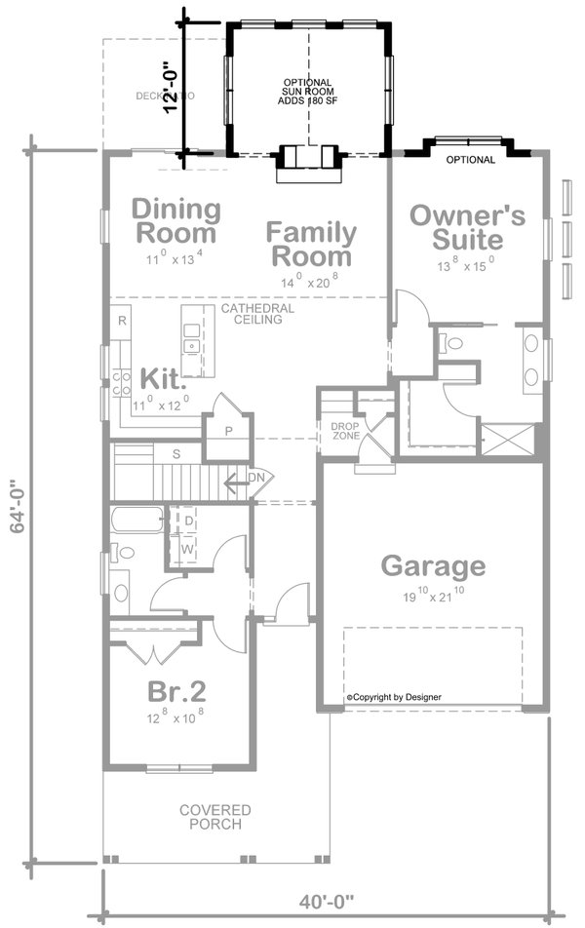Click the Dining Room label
(x=176, y=221)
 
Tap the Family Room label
(x=311, y=245)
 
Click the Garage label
(x=432, y=565)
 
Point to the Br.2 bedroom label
(x=176, y=691)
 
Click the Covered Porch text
(x=214, y=817)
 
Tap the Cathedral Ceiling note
(x=257, y=313)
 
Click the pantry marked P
(x=228, y=431)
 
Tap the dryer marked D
(x=188, y=522)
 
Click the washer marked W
(x=188, y=549)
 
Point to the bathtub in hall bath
(x=136, y=519)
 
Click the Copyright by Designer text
(x=394, y=697)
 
